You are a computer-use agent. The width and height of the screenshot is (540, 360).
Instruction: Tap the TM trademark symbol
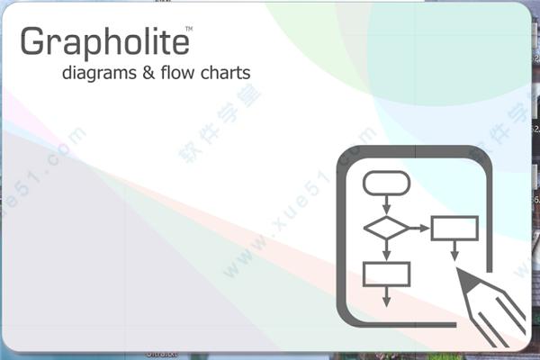(x=189, y=30)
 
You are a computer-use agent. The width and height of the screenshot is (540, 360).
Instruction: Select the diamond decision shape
(x=386, y=228)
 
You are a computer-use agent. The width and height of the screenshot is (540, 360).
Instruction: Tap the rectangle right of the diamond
(x=454, y=228)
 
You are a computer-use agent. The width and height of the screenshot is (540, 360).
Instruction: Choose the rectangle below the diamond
(x=386, y=273)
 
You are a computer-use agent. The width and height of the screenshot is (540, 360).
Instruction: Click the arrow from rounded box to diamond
(x=386, y=205)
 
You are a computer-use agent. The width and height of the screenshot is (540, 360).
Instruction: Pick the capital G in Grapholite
(x=32, y=43)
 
